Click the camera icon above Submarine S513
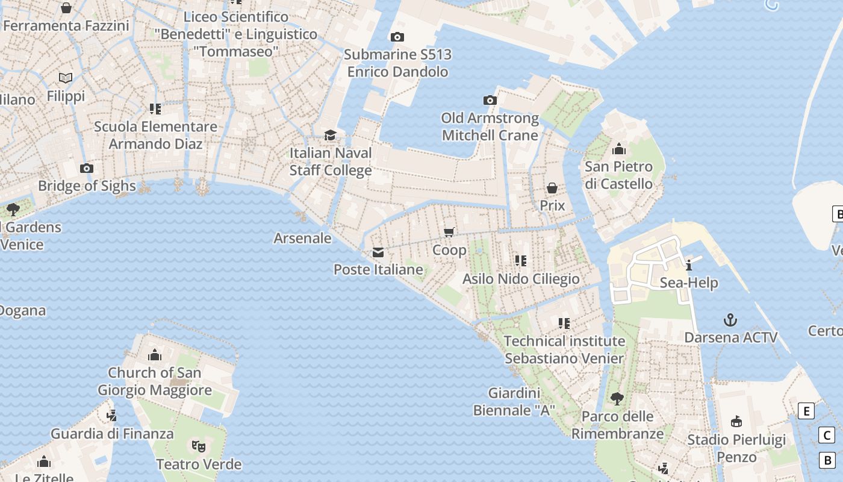(x=397, y=37)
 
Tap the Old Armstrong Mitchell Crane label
(x=490, y=127)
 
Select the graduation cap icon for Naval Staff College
(x=330, y=135)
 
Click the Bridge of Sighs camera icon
(x=87, y=168)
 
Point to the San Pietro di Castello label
(x=618, y=175)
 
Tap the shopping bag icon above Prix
(x=552, y=189)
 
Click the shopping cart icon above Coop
(x=449, y=232)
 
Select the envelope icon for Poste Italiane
(x=378, y=252)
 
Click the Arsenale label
(x=302, y=238)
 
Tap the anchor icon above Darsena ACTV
(x=730, y=319)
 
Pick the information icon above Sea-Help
(x=689, y=265)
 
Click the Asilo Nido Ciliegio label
(x=521, y=279)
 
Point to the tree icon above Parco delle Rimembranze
(x=617, y=398)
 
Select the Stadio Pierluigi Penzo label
(x=736, y=448)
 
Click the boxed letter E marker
(x=806, y=411)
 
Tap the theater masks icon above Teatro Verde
(x=199, y=446)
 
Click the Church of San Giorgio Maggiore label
(x=155, y=381)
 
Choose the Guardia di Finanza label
(x=112, y=433)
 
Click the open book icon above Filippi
(x=66, y=78)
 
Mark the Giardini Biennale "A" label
(x=514, y=402)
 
